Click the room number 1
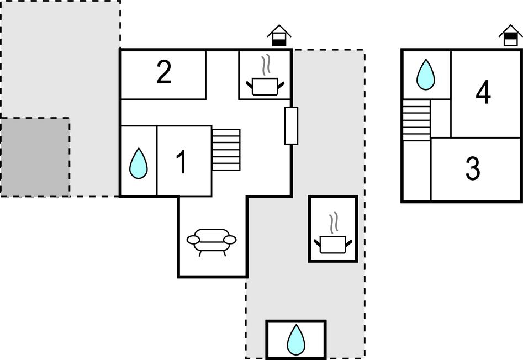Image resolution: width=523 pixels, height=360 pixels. point(181,162)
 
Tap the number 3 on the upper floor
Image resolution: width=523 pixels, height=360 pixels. point(472,170)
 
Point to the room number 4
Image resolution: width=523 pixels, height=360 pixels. point(483,93)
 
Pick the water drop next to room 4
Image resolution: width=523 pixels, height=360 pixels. point(425,75)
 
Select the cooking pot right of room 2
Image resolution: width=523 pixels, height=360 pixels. point(266,86)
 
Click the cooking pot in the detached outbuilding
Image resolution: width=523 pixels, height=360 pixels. point(333,243)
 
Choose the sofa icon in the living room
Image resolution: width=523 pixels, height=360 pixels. point(212,241)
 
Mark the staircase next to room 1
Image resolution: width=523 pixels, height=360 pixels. point(226,150)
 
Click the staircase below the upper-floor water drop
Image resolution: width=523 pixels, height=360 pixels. point(416,120)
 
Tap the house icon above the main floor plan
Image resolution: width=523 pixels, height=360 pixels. point(279,35)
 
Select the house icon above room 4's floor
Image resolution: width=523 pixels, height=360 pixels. point(510,36)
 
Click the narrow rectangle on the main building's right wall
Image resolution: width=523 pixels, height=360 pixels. point(291,126)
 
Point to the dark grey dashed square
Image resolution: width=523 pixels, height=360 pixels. point(35,156)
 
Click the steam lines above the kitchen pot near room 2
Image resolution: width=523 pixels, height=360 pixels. point(266,65)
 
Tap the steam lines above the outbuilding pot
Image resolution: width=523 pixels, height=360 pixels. point(334,223)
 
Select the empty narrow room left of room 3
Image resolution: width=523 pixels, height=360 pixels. point(416,171)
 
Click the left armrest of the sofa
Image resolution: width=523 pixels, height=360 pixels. point(193,240)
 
